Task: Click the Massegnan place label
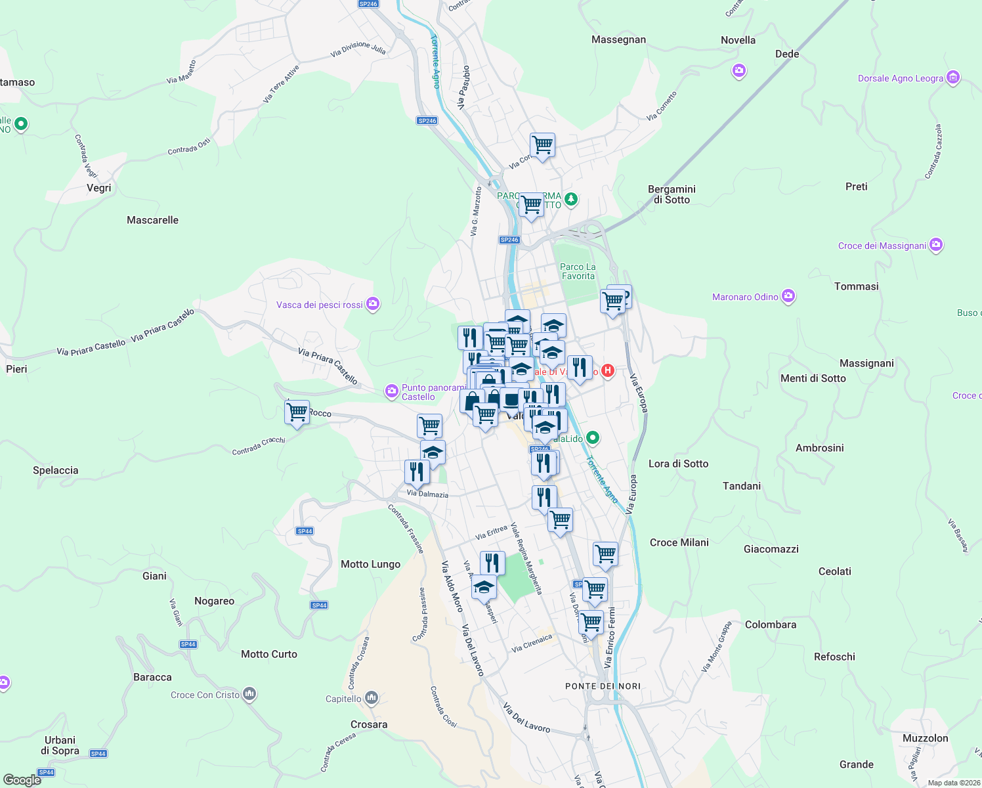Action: coord(618,39)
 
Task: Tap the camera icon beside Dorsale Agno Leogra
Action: coord(953,77)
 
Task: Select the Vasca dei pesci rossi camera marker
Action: coord(373,303)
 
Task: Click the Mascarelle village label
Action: coord(152,220)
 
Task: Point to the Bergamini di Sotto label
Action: coord(672,194)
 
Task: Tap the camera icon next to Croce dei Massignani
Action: coord(936,245)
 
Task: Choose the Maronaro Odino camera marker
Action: coord(788,296)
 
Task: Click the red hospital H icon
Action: coord(608,370)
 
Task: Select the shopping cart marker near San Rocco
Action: coord(297,413)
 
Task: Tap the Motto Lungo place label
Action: coord(370,564)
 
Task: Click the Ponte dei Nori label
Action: coord(603,686)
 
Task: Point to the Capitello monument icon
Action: coord(372,697)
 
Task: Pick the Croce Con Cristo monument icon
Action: coord(249,693)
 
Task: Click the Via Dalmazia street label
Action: coord(427,494)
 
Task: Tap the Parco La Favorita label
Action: coord(578,271)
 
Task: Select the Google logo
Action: coord(22,780)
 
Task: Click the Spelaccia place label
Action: coord(56,470)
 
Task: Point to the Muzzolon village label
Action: coord(925,738)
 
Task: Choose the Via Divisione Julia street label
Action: coord(358,49)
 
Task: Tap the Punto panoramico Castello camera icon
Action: coord(392,391)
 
